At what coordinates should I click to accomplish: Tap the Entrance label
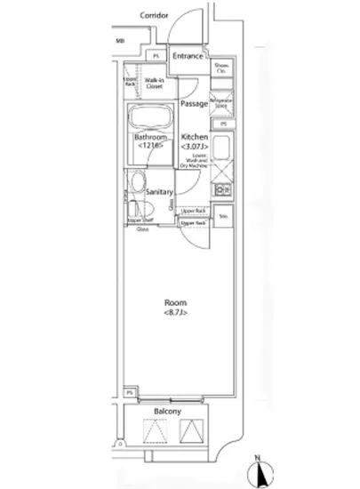[188, 57]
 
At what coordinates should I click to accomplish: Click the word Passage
[193, 104]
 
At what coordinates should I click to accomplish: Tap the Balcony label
[168, 412]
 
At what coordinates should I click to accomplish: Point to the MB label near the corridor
[121, 41]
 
